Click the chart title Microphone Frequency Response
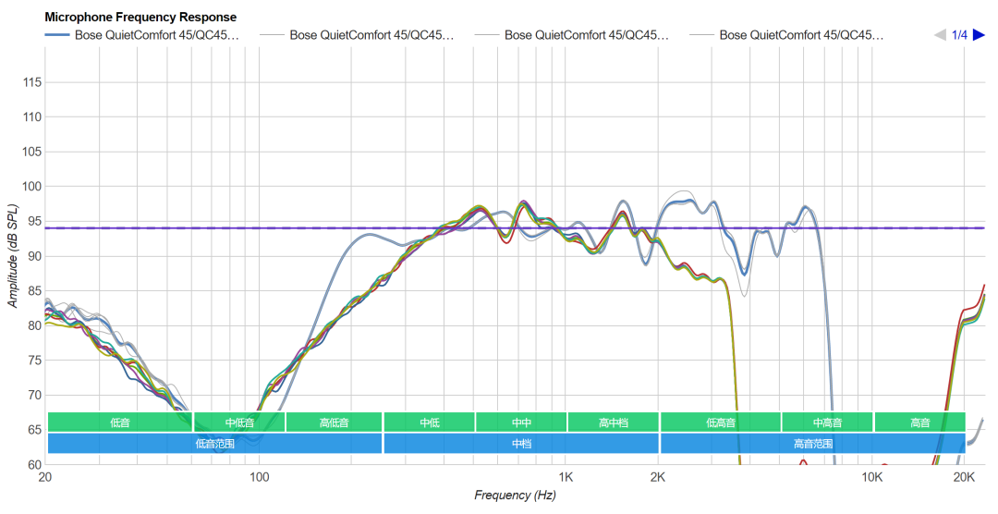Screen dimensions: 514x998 click(x=140, y=18)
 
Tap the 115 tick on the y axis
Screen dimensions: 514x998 click(x=31, y=82)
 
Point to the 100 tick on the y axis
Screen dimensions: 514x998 click(x=31, y=187)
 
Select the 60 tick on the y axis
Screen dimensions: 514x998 click(x=31, y=464)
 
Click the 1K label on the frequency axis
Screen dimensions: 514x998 click(x=566, y=477)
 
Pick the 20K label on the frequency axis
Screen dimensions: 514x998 click(x=965, y=477)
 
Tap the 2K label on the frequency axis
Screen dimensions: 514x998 click(x=658, y=477)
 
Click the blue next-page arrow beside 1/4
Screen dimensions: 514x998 click(x=979, y=35)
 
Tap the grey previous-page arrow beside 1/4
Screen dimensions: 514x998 click(x=940, y=35)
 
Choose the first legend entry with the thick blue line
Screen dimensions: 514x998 click(x=142, y=35)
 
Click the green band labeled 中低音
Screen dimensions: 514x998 click(x=238, y=422)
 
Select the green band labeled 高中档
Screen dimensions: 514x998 click(x=613, y=422)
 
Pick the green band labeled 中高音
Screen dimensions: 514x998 click(x=826, y=422)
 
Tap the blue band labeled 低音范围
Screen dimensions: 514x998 click(x=214, y=443)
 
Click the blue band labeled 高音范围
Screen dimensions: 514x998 click(x=812, y=443)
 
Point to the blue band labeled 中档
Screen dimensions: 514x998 click(x=521, y=443)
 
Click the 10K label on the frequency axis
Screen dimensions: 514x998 click(x=871, y=477)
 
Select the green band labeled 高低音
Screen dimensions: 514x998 click(x=334, y=422)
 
